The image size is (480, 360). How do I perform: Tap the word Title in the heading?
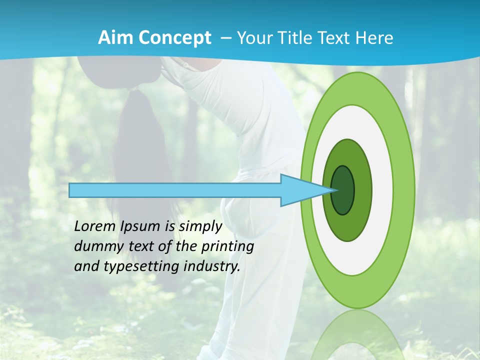(x=288, y=38)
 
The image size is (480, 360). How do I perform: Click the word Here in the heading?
(x=375, y=38)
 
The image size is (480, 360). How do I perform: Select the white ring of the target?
(x=382, y=190)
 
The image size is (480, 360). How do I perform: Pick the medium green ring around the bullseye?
(x=363, y=190)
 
